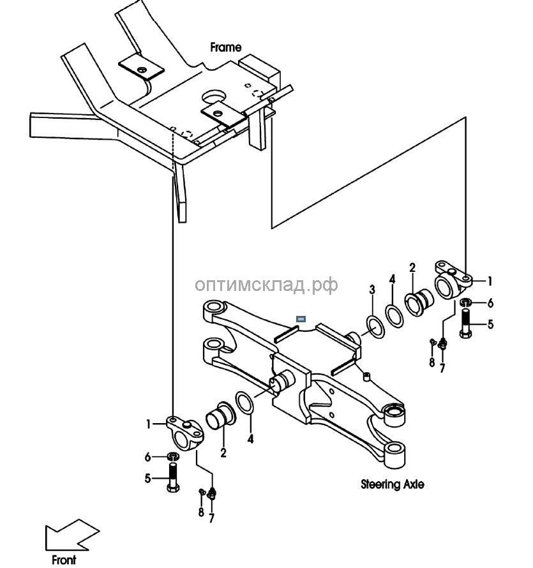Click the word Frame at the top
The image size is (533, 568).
(x=226, y=47)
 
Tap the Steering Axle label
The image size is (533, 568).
(x=392, y=484)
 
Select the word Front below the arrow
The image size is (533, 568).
(x=63, y=560)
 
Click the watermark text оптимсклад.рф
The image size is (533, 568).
(x=266, y=285)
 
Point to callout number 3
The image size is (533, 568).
(x=372, y=290)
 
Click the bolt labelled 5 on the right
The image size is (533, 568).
(x=465, y=323)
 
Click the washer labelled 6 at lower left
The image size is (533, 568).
(x=172, y=457)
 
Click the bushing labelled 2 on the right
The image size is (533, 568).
(x=419, y=299)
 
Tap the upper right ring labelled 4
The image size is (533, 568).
(x=394, y=315)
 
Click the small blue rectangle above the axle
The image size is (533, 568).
(x=301, y=318)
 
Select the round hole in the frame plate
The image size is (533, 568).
(x=213, y=97)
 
